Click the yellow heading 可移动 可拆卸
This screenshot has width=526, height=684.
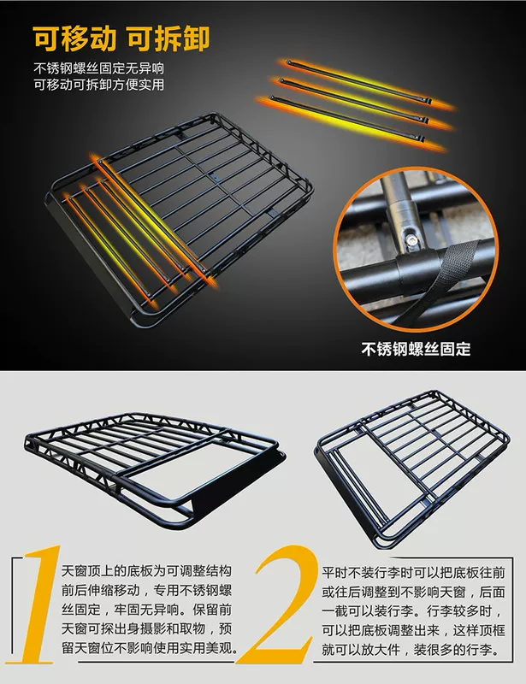121,38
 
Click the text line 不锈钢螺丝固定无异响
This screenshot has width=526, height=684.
99,68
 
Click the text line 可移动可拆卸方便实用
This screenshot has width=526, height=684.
99,84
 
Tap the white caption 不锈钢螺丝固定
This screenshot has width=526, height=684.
416,349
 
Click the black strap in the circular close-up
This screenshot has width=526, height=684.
440,280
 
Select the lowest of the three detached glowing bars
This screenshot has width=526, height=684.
347,119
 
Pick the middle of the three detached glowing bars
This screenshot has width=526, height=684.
354,100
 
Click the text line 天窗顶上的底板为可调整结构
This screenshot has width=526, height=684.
146,571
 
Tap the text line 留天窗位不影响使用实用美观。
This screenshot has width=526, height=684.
150,648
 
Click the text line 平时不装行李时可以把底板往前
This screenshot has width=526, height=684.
413,572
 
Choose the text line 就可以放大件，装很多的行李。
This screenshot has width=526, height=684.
411,650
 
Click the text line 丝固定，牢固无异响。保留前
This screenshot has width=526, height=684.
146,610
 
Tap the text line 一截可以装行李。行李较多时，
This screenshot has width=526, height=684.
411,611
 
